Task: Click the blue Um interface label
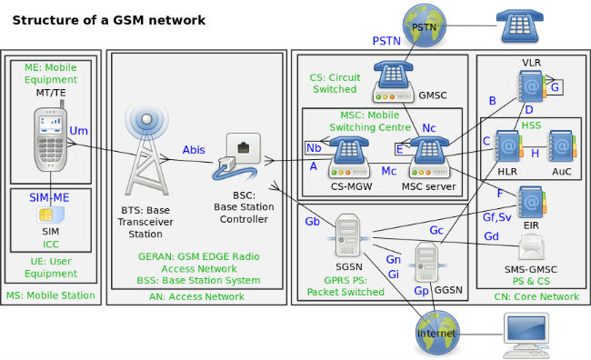(79, 131)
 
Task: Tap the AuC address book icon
(561, 148)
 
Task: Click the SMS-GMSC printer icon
(531, 245)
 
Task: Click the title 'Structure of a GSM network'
(108, 19)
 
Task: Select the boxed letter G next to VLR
(555, 87)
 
